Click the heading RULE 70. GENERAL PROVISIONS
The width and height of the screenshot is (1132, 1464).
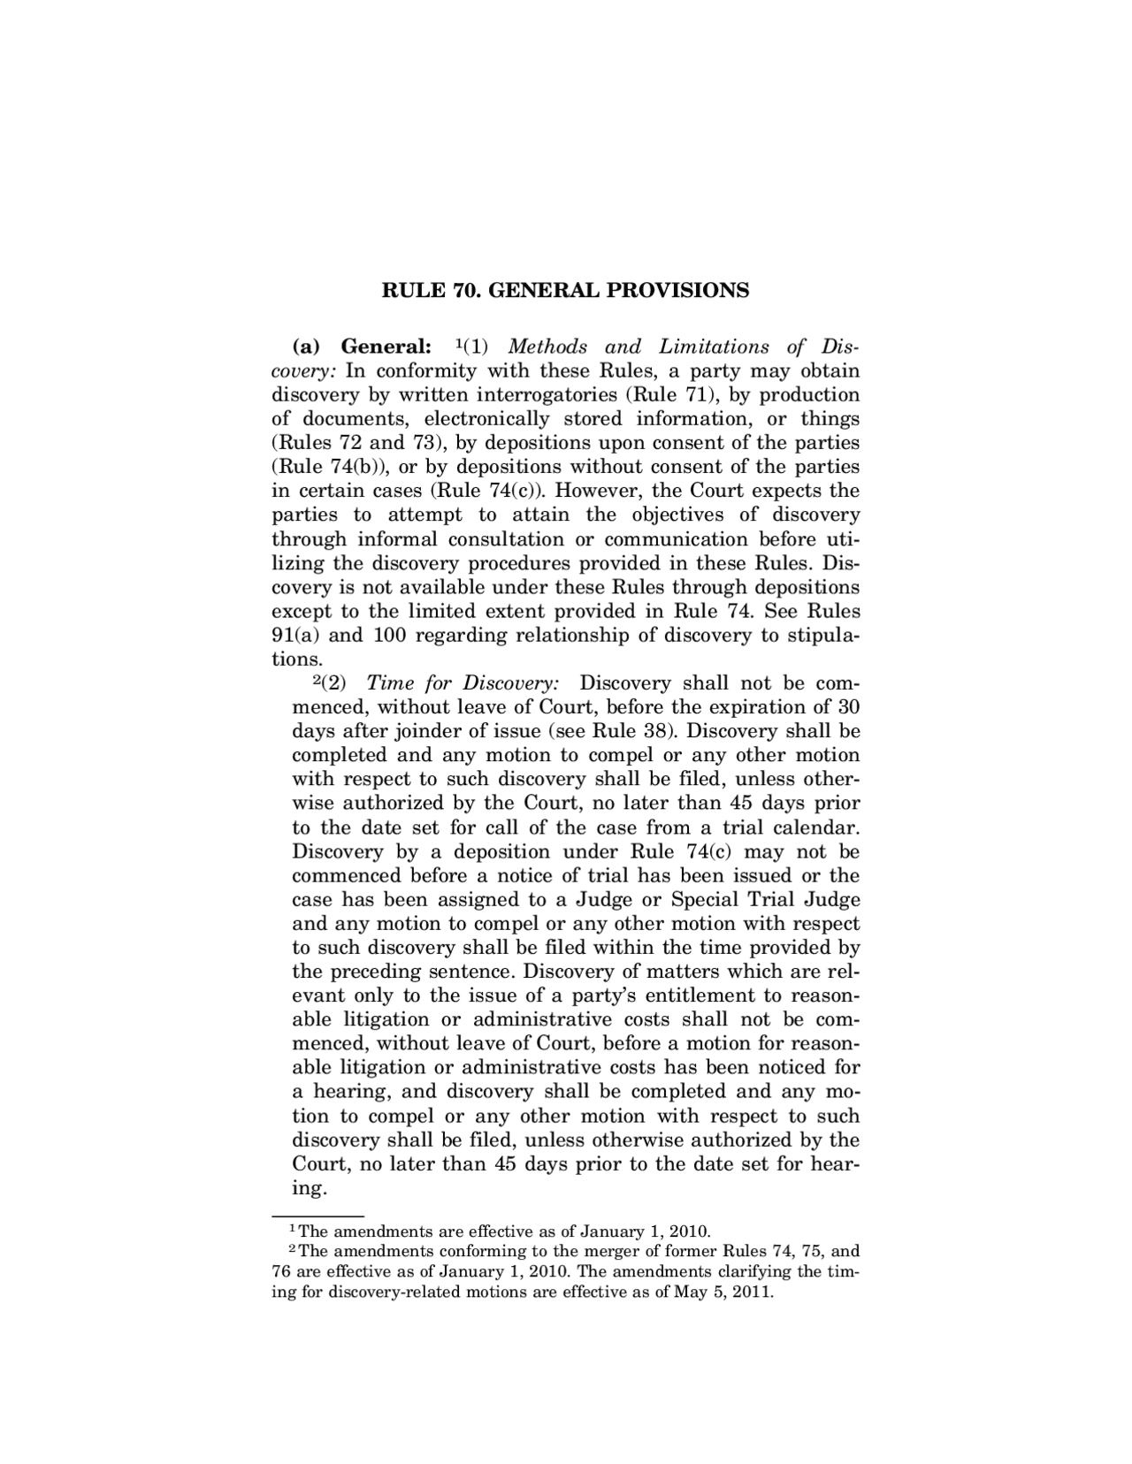tap(564, 290)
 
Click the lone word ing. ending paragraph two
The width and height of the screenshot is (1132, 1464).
tap(310, 1188)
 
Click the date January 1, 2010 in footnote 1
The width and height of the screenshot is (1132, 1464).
tap(650, 1231)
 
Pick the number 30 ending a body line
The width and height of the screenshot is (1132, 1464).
tap(848, 707)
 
